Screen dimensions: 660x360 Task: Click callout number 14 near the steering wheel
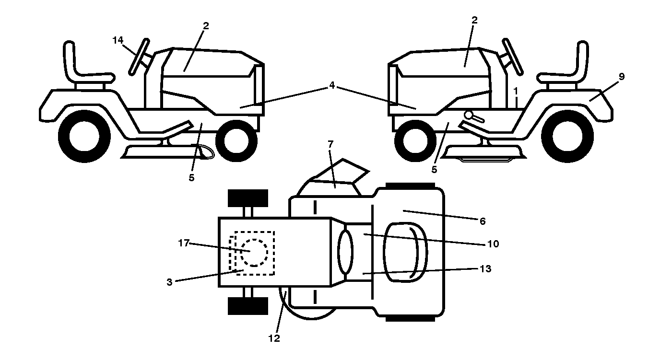pyautogui.click(x=118, y=40)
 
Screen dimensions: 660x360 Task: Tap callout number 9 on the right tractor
pyautogui.click(x=622, y=77)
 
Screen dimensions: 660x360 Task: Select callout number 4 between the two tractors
pyautogui.click(x=332, y=85)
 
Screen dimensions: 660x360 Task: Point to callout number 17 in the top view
pyautogui.click(x=184, y=243)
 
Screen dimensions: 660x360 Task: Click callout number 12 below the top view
pyautogui.click(x=274, y=338)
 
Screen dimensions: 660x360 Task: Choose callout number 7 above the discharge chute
pyautogui.click(x=330, y=144)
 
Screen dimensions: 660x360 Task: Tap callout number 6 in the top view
pyautogui.click(x=483, y=221)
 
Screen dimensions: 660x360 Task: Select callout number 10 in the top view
pyautogui.click(x=493, y=244)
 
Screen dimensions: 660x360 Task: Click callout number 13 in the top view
pyautogui.click(x=485, y=269)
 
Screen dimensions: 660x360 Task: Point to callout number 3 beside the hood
pyautogui.click(x=169, y=282)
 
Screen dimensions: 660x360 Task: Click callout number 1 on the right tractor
pyautogui.click(x=515, y=91)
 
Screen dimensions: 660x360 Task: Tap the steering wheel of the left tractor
pyautogui.click(x=139, y=57)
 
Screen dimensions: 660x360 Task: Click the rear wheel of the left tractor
pyautogui.click(x=84, y=136)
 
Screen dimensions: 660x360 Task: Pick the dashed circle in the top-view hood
pyautogui.click(x=254, y=253)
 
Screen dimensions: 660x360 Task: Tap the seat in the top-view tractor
pyautogui.click(x=405, y=252)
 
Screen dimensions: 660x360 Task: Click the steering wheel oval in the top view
pyautogui.click(x=345, y=252)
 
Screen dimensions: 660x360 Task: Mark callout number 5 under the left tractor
pyautogui.click(x=191, y=178)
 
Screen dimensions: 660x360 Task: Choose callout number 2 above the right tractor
pyautogui.click(x=474, y=20)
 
